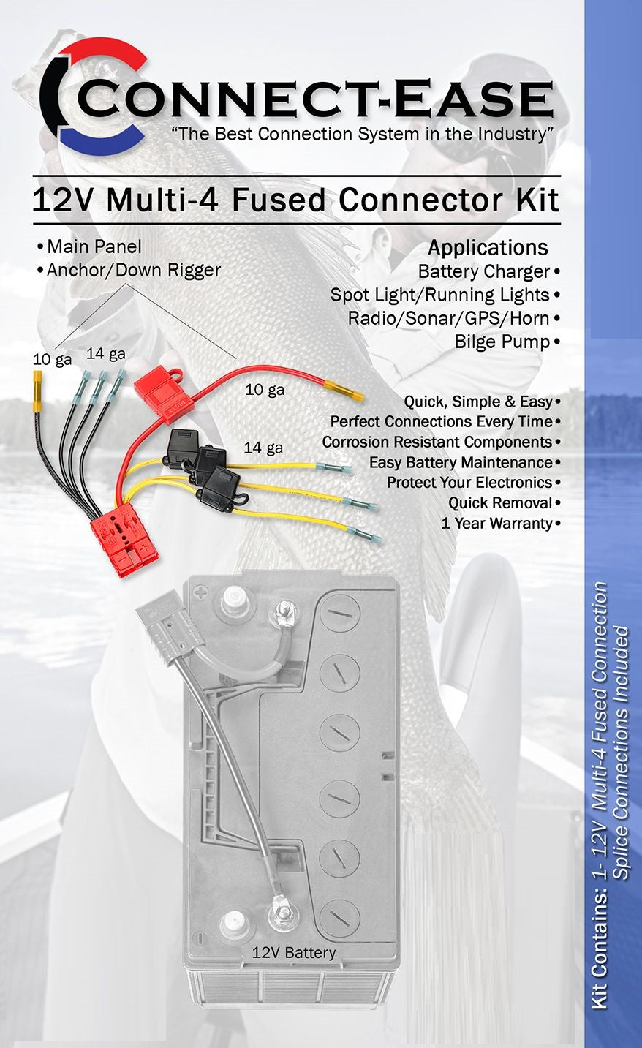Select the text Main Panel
pos(94,246)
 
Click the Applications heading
pos(488,247)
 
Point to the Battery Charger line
pos(484,271)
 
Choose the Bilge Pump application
pos(502,342)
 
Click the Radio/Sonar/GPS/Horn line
pos(449,318)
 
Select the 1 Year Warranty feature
pos(496,523)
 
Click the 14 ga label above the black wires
pos(106,354)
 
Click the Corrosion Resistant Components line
pos(437,442)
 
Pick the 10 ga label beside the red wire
pos(265,390)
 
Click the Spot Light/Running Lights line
pos(439,295)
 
